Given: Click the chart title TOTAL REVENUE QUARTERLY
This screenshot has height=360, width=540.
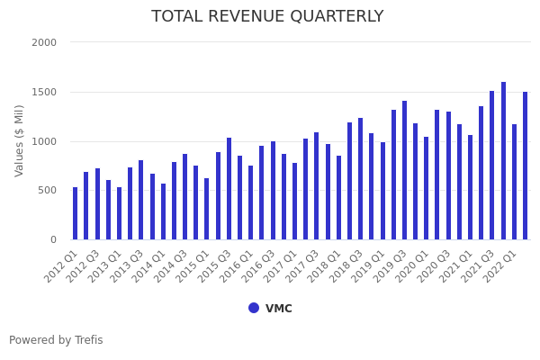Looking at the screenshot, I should pyautogui.click(x=267, y=17).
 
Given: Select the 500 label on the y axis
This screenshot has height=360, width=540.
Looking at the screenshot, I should pyautogui.click(x=47, y=190).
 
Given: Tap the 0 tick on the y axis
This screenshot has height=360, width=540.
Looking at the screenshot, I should pyautogui.click(x=53, y=239).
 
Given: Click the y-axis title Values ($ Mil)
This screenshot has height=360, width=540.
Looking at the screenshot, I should pyautogui.click(x=20, y=140).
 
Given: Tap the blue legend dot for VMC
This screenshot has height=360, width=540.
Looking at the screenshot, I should pyautogui.click(x=254, y=308).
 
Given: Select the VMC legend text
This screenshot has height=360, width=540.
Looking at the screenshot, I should pyautogui.click(x=279, y=309).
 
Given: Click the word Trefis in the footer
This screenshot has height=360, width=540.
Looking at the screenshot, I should pyautogui.click(x=87, y=340).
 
